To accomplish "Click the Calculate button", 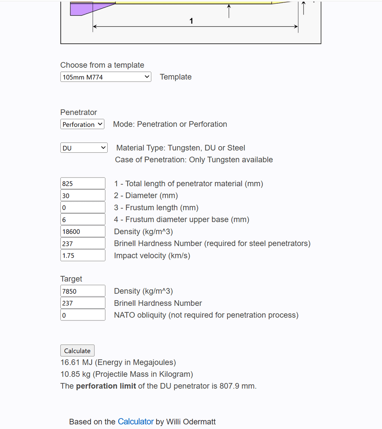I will click(x=77, y=350).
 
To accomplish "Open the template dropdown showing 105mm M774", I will click(x=105, y=77).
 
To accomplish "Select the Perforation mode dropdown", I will click(x=82, y=124).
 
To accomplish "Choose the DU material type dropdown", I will click(x=84, y=148).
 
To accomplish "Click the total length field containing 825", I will click(x=83, y=184).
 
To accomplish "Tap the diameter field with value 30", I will click(x=83, y=196).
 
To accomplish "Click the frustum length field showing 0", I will click(x=83, y=208).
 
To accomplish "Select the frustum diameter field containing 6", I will click(x=83, y=220).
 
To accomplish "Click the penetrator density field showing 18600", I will click(x=83, y=232).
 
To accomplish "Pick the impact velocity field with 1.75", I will click(x=83, y=256).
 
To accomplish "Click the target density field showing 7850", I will click(x=83, y=291).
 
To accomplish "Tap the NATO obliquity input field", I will click(x=83, y=315).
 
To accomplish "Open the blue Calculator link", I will click(x=135, y=422).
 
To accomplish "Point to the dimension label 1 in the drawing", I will click(x=191, y=21).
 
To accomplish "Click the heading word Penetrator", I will click(x=78, y=112).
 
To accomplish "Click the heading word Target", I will click(x=71, y=279).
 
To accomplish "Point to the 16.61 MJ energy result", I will click(x=118, y=363).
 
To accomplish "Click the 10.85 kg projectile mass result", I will click(x=126, y=374).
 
